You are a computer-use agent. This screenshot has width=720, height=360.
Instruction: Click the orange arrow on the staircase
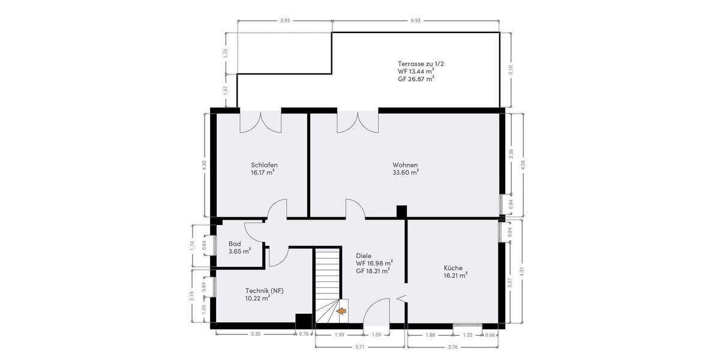341,311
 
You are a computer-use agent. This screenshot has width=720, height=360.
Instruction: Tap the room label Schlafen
264,165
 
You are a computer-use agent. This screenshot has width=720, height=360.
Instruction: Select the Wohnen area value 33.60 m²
406,172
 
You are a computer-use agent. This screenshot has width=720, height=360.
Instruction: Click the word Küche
453,268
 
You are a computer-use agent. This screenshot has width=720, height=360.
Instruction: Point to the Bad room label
235,244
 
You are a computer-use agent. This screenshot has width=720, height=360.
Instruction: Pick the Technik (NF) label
264,290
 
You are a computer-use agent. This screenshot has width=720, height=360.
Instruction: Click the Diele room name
364,256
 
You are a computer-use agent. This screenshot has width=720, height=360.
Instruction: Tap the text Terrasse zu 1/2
421,64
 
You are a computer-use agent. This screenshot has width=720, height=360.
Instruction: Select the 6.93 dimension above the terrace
416,21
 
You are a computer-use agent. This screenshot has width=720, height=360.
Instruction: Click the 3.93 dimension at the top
285,21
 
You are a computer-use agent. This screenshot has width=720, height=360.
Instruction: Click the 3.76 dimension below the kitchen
454,347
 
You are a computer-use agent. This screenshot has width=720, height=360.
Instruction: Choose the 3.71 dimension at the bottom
359,347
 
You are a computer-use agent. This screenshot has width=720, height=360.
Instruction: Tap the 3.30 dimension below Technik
255,334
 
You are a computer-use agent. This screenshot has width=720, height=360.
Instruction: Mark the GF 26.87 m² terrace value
416,79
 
